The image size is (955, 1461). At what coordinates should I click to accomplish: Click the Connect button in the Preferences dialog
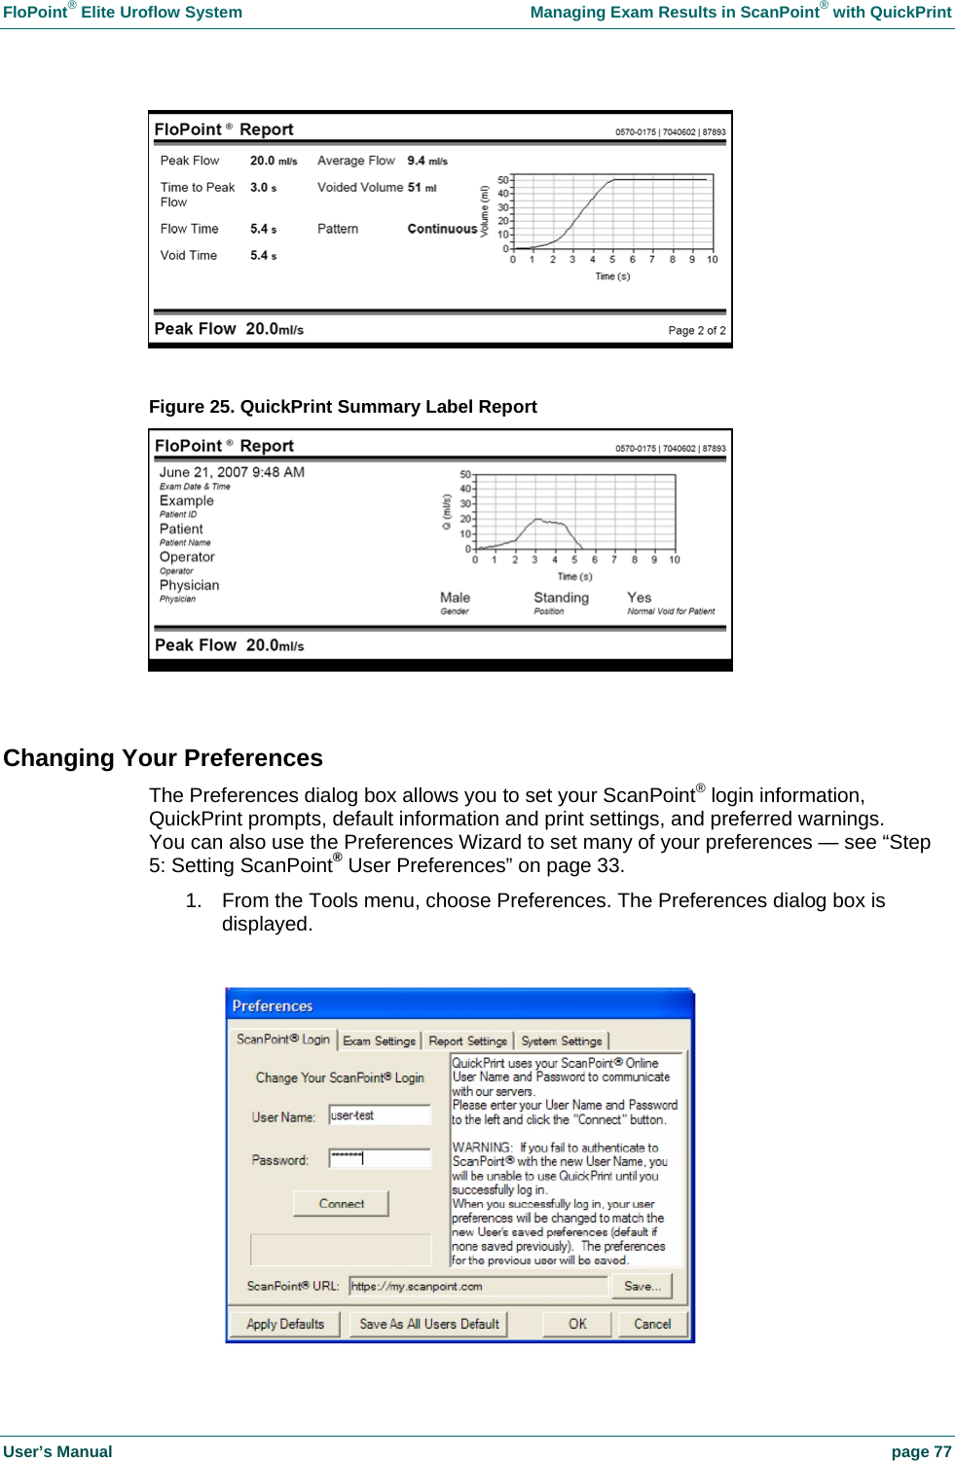pyautogui.click(x=341, y=1204)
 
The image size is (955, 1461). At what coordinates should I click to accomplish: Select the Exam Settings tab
pyautogui.click(x=379, y=1041)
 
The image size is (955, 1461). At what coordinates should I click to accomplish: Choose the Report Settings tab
pyautogui.click(x=467, y=1041)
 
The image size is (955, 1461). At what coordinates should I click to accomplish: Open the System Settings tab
pyautogui.click(x=562, y=1041)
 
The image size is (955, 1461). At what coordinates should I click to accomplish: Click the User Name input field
pyautogui.click(x=380, y=1115)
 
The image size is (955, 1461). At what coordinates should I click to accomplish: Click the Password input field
pyautogui.click(x=380, y=1158)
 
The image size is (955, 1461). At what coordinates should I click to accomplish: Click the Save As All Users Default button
pyautogui.click(x=428, y=1324)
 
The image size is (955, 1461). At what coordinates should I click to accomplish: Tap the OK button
pyautogui.click(x=577, y=1324)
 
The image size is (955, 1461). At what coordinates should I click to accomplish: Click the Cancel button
pyautogui.click(x=652, y=1324)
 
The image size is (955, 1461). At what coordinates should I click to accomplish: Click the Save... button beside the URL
pyautogui.click(x=642, y=1286)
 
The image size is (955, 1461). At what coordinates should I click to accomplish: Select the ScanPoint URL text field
pyautogui.click(x=477, y=1286)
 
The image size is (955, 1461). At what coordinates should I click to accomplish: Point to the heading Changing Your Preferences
pyautogui.click(x=163, y=757)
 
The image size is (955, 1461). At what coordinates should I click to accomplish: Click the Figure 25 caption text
pyautogui.click(x=343, y=407)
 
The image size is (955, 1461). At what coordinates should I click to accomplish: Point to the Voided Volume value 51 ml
pyautogui.click(x=422, y=187)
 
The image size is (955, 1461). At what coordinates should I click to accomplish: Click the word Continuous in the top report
pyautogui.click(x=442, y=229)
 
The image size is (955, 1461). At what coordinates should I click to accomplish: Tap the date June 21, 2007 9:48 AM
pyautogui.click(x=232, y=472)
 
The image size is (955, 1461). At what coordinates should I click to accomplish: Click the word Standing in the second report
pyautogui.click(x=561, y=598)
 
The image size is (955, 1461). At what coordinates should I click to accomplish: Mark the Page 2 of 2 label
pyautogui.click(x=696, y=331)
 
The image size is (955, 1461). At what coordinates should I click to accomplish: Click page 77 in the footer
pyautogui.click(x=921, y=1451)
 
